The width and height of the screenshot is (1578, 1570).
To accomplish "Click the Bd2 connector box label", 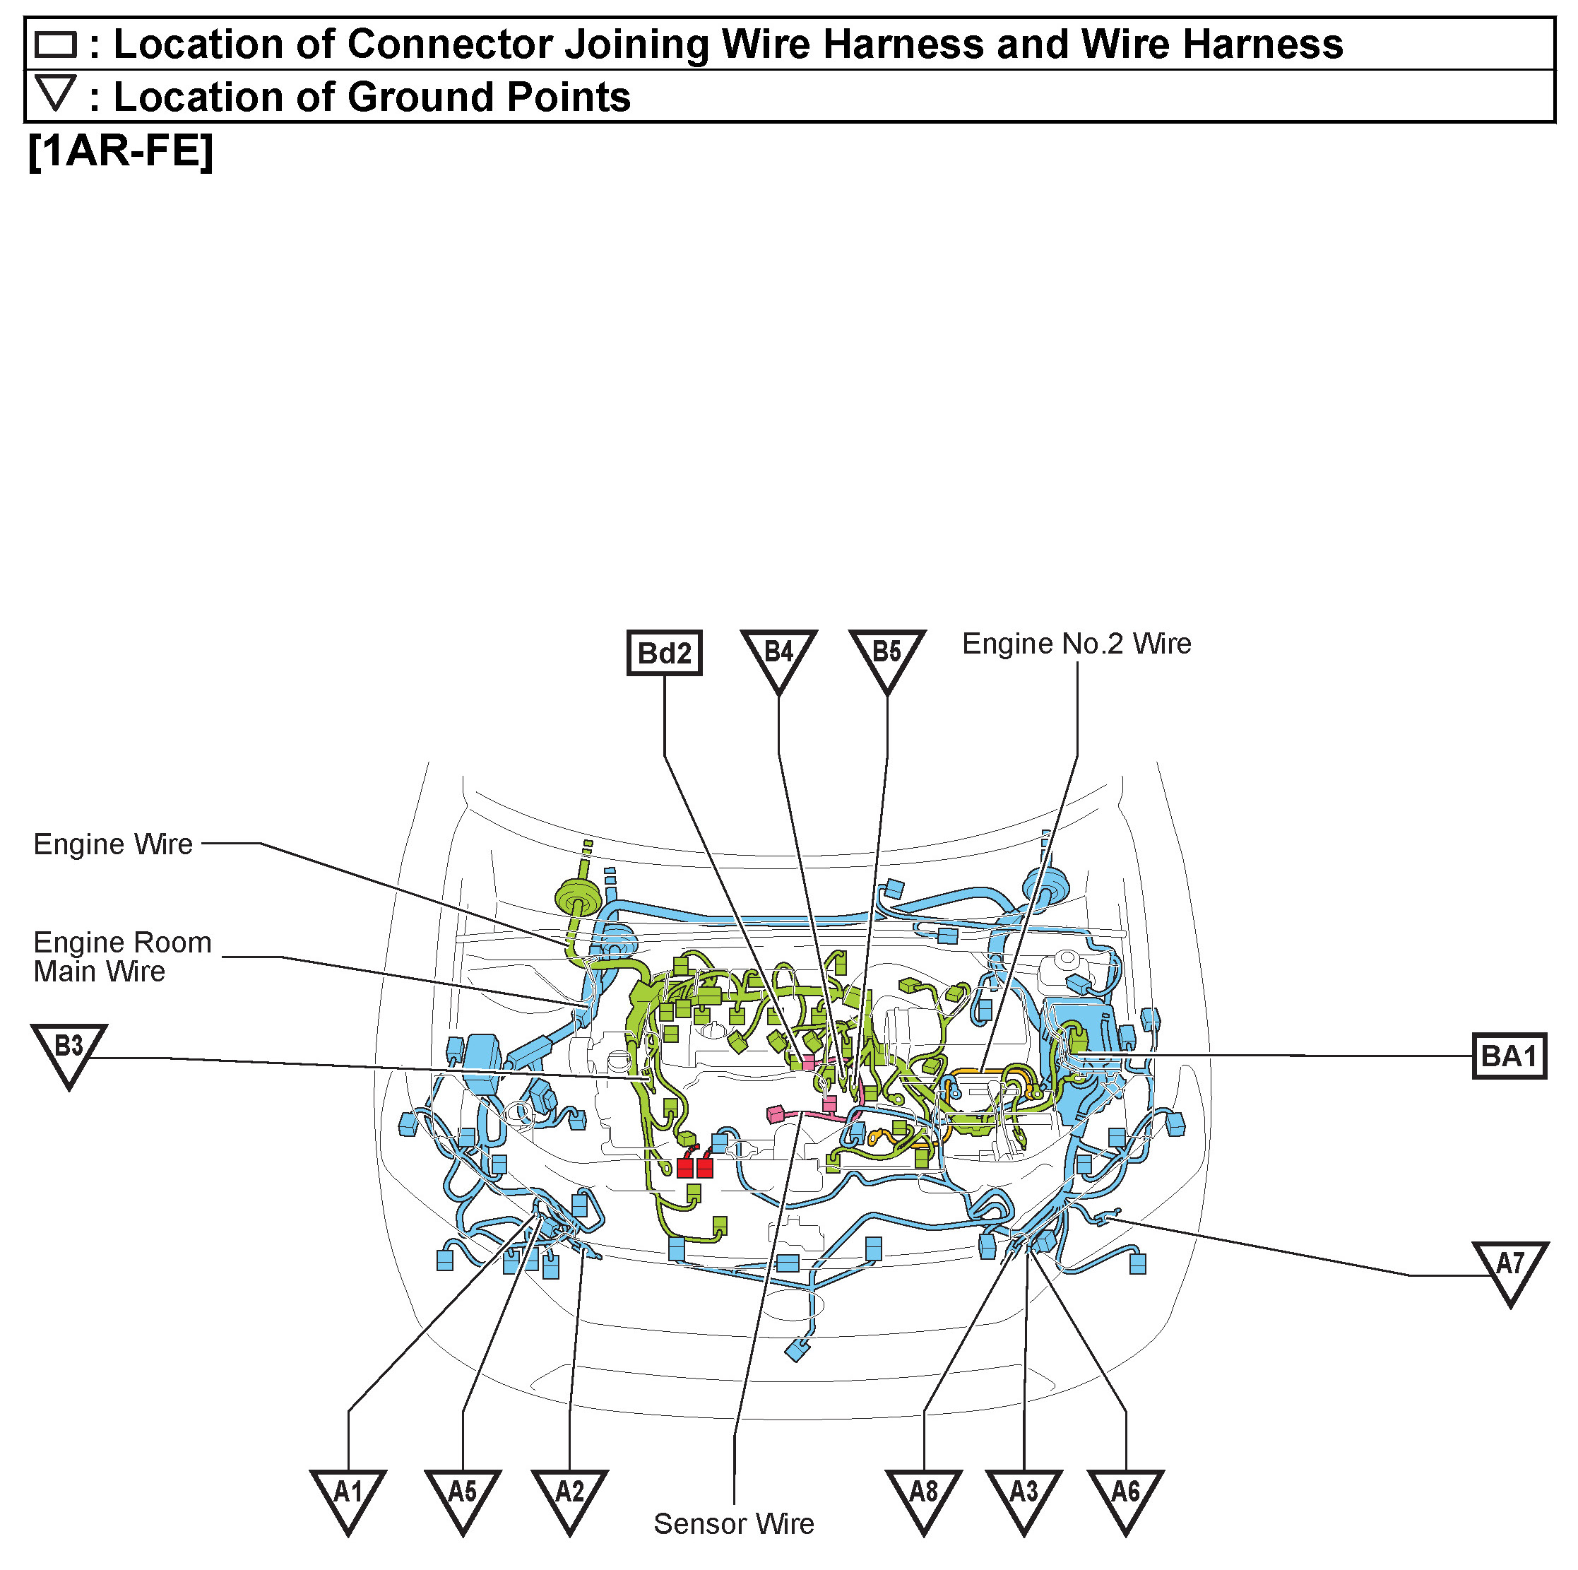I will pyautogui.click(x=663, y=653).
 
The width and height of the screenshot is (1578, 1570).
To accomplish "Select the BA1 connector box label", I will pyautogui.click(x=1509, y=1056).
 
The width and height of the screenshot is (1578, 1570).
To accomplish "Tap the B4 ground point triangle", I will pyautogui.click(x=778, y=655).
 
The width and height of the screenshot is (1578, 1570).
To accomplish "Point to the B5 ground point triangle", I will pyautogui.click(x=887, y=655).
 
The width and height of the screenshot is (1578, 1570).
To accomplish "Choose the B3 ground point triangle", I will pyautogui.click(x=69, y=1051).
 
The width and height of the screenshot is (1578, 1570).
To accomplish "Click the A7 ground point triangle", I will pyautogui.click(x=1510, y=1268).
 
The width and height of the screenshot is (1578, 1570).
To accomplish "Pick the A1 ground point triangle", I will pyautogui.click(x=348, y=1497).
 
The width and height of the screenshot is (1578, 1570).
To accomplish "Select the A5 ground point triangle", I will pyautogui.click(x=462, y=1497).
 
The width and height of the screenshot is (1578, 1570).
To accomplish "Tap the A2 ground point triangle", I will pyautogui.click(x=569, y=1497).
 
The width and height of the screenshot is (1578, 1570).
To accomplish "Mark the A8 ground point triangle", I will pyautogui.click(x=924, y=1497).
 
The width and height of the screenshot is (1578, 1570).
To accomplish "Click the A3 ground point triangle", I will pyautogui.click(x=1024, y=1497).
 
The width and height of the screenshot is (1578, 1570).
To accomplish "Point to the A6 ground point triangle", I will pyautogui.click(x=1125, y=1497).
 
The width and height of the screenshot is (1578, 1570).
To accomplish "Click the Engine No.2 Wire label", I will pyautogui.click(x=1076, y=644).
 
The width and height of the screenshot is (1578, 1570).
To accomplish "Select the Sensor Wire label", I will pyautogui.click(x=733, y=1523).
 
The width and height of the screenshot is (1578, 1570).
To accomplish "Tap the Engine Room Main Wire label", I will pyautogui.click(x=121, y=957).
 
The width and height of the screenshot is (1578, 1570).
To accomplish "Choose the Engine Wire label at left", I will pyautogui.click(x=113, y=844).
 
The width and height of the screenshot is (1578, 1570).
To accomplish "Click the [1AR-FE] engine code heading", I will pyautogui.click(x=120, y=151).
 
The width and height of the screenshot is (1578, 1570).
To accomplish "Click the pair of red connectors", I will pyautogui.click(x=694, y=1167).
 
